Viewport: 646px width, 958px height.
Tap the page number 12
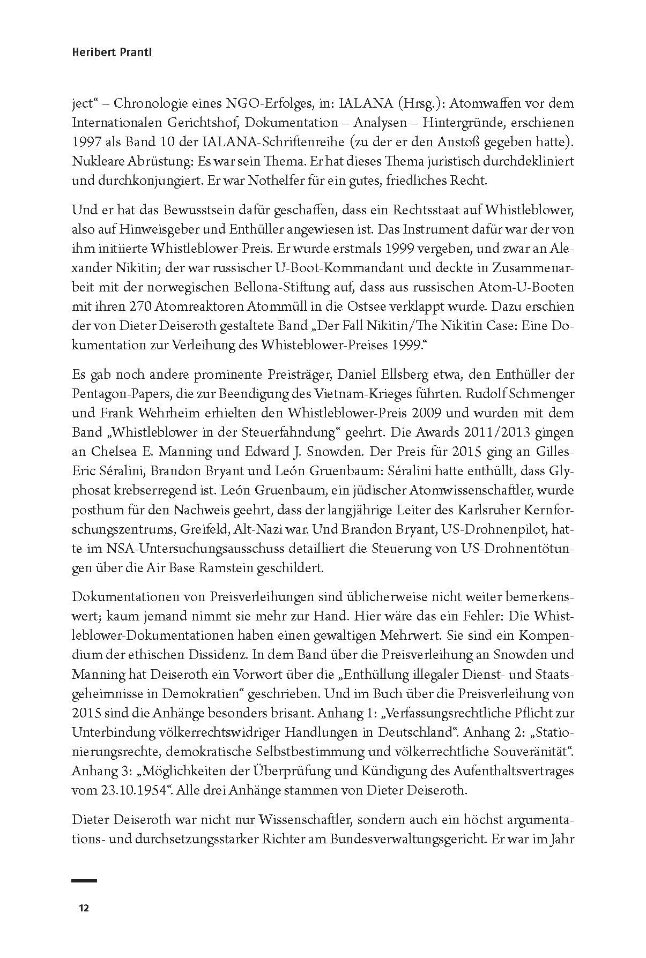pos(83,908)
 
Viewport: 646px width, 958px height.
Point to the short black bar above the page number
pos(84,881)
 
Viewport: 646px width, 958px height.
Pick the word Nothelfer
pos(255,181)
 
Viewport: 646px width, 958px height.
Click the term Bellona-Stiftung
pos(297,287)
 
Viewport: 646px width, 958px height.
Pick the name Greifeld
pos(204,528)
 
